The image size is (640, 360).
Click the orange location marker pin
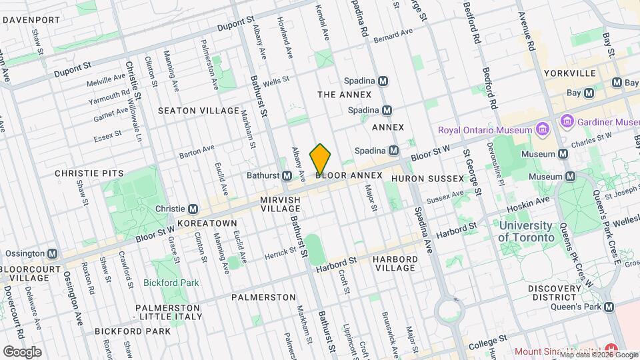pos(320,159)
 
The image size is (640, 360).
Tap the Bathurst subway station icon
pos(287,175)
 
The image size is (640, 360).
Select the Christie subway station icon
pos(193,209)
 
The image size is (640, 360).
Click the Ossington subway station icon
pos(52,254)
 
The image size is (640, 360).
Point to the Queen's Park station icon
pos(608,307)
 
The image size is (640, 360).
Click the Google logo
pos(22,351)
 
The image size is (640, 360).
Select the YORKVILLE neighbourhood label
pos(569,73)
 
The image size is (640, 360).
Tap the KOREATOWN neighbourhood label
pos(207,223)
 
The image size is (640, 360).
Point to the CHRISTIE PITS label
pos(89,173)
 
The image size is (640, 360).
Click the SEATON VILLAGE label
pos(198,110)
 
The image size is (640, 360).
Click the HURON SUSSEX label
pos(427,178)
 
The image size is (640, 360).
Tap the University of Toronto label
pos(526,231)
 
